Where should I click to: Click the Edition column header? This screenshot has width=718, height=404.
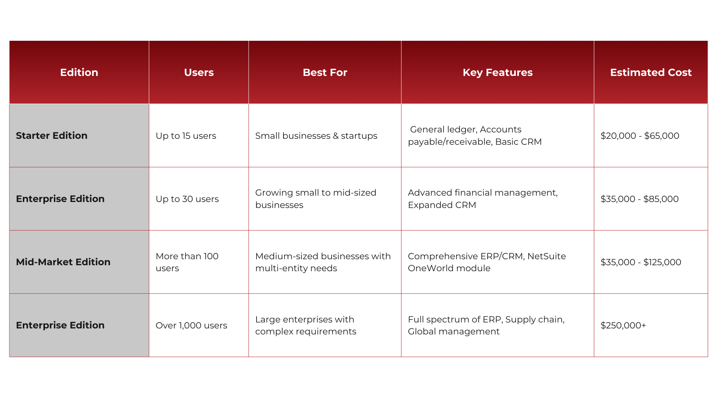(79, 72)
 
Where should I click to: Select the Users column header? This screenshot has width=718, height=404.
(199, 72)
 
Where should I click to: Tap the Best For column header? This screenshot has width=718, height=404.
(325, 72)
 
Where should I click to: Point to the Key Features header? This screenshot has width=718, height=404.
(497, 72)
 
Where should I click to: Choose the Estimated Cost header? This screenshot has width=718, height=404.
(651, 72)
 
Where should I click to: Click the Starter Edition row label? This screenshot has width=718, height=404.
(52, 135)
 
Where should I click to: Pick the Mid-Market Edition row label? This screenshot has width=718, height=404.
(63, 262)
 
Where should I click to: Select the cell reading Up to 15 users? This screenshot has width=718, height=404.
(186, 136)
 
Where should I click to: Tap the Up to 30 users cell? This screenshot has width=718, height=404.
(187, 199)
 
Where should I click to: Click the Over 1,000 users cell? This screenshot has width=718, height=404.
(191, 325)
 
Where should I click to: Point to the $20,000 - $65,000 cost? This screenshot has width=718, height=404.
(640, 136)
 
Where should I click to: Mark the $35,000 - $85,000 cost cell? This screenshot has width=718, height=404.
(639, 199)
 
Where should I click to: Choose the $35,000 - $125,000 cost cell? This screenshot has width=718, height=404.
(641, 262)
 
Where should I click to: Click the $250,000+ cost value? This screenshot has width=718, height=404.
(623, 325)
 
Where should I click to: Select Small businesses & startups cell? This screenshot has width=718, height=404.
(316, 136)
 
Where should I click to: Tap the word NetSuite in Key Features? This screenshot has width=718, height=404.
(546, 256)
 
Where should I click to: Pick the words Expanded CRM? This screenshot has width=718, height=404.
(442, 205)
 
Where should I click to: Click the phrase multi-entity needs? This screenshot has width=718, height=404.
(296, 268)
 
